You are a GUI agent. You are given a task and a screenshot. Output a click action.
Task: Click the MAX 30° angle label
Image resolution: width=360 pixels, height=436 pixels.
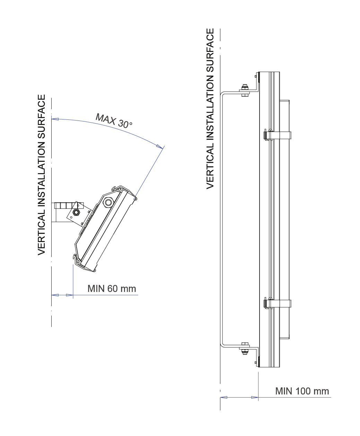point(114,121)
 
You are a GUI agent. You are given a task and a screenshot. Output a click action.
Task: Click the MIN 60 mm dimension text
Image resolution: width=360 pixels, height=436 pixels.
point(112,288)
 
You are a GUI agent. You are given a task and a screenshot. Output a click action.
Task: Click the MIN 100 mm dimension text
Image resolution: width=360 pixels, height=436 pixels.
point(302,391)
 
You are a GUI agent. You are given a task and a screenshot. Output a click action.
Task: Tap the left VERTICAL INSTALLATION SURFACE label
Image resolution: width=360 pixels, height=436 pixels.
point(42,175)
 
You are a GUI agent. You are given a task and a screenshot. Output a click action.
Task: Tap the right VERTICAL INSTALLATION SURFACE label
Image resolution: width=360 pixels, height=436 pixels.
point(210,108)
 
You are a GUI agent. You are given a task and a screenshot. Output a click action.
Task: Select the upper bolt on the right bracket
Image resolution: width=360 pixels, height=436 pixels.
point(245,89)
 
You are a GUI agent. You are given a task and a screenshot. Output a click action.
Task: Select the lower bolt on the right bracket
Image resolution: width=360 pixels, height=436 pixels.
point(245,348)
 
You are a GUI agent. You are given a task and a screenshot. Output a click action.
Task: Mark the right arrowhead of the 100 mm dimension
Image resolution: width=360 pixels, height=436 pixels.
point(255,397)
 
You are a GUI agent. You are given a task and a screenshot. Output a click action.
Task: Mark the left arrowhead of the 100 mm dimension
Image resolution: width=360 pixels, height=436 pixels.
point(224,397)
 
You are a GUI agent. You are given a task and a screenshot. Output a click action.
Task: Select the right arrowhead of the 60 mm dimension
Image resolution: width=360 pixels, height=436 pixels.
point(70,295)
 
